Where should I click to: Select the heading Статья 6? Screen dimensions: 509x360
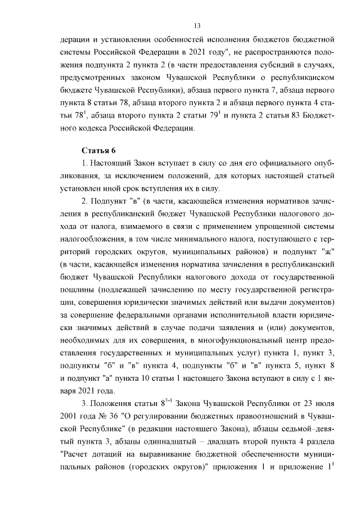tap(98, 151)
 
